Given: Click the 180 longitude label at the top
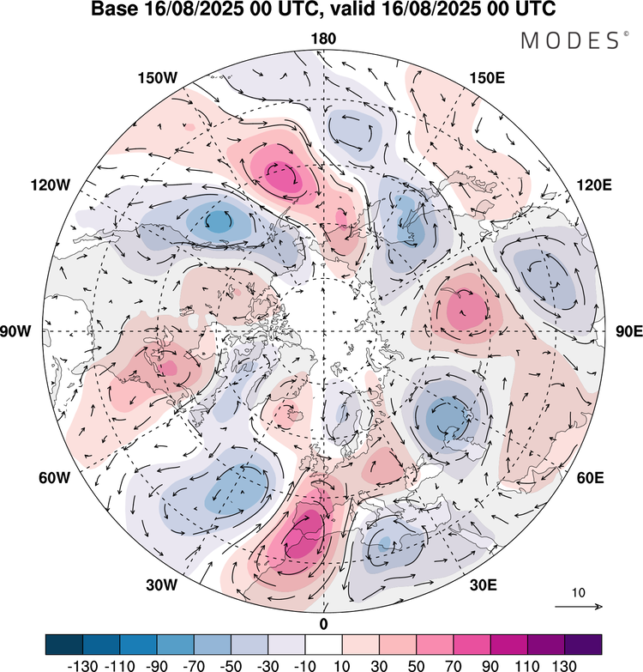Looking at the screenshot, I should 324,39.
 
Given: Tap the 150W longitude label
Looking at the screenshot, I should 157,78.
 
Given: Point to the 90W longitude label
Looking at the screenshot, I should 25,331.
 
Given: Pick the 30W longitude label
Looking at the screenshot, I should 160,585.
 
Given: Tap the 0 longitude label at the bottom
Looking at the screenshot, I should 324,623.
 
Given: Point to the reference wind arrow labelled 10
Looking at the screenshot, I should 579,607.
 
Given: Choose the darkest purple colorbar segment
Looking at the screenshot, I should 583,645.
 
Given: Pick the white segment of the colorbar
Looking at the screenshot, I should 324,645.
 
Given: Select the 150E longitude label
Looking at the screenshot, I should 487,78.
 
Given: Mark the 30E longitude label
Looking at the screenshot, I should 484,585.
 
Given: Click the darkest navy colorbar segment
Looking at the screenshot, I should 64,645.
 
